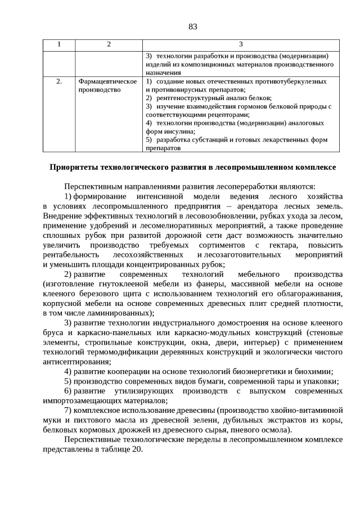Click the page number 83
pos(192,27)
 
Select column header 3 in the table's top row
pos(241,44)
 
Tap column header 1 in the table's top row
pos(59,44)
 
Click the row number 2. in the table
pos(59,82)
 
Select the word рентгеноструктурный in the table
pos(186,98)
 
